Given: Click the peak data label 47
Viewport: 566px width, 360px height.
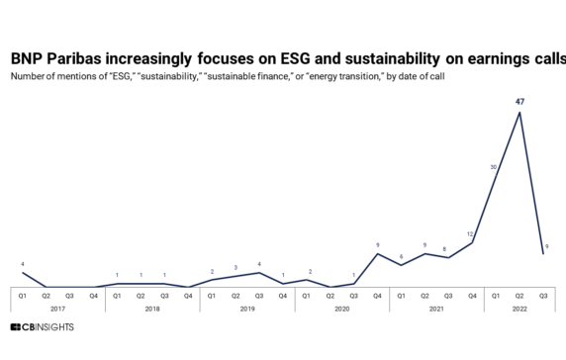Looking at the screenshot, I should (x=519, y=101).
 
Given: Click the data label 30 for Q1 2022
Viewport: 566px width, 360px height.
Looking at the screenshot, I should (x=494, y=167).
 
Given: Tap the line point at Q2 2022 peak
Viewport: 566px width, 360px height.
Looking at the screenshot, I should (x=519, y=112).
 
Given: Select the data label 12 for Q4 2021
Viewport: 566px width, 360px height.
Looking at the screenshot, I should (x=471, y=233).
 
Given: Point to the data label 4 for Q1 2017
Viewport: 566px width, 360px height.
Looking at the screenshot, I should (x=23, y=263).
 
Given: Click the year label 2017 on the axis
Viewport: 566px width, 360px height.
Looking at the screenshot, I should (x=57, y=308).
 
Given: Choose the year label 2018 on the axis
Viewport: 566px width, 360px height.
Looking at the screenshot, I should (x=152, y=308).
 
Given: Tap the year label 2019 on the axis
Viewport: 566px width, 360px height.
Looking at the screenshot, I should (x=247, y=308).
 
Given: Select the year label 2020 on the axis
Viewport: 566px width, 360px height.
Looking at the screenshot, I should (x=342, y=308).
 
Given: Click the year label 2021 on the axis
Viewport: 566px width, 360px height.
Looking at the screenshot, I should (x=436, y=308).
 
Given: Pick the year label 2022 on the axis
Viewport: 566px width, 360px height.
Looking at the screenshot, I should (x=519, y=308).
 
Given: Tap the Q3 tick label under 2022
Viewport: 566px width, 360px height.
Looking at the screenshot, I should (x=543, y=295).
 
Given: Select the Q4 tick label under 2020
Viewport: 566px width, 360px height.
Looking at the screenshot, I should (x=377, y=295).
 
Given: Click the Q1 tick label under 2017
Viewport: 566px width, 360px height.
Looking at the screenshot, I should (x=23, y=295).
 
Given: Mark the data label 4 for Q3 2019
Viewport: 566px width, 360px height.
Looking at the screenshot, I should (x=258, y=263).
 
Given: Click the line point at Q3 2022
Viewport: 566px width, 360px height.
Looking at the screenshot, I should (x=543, y=254).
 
